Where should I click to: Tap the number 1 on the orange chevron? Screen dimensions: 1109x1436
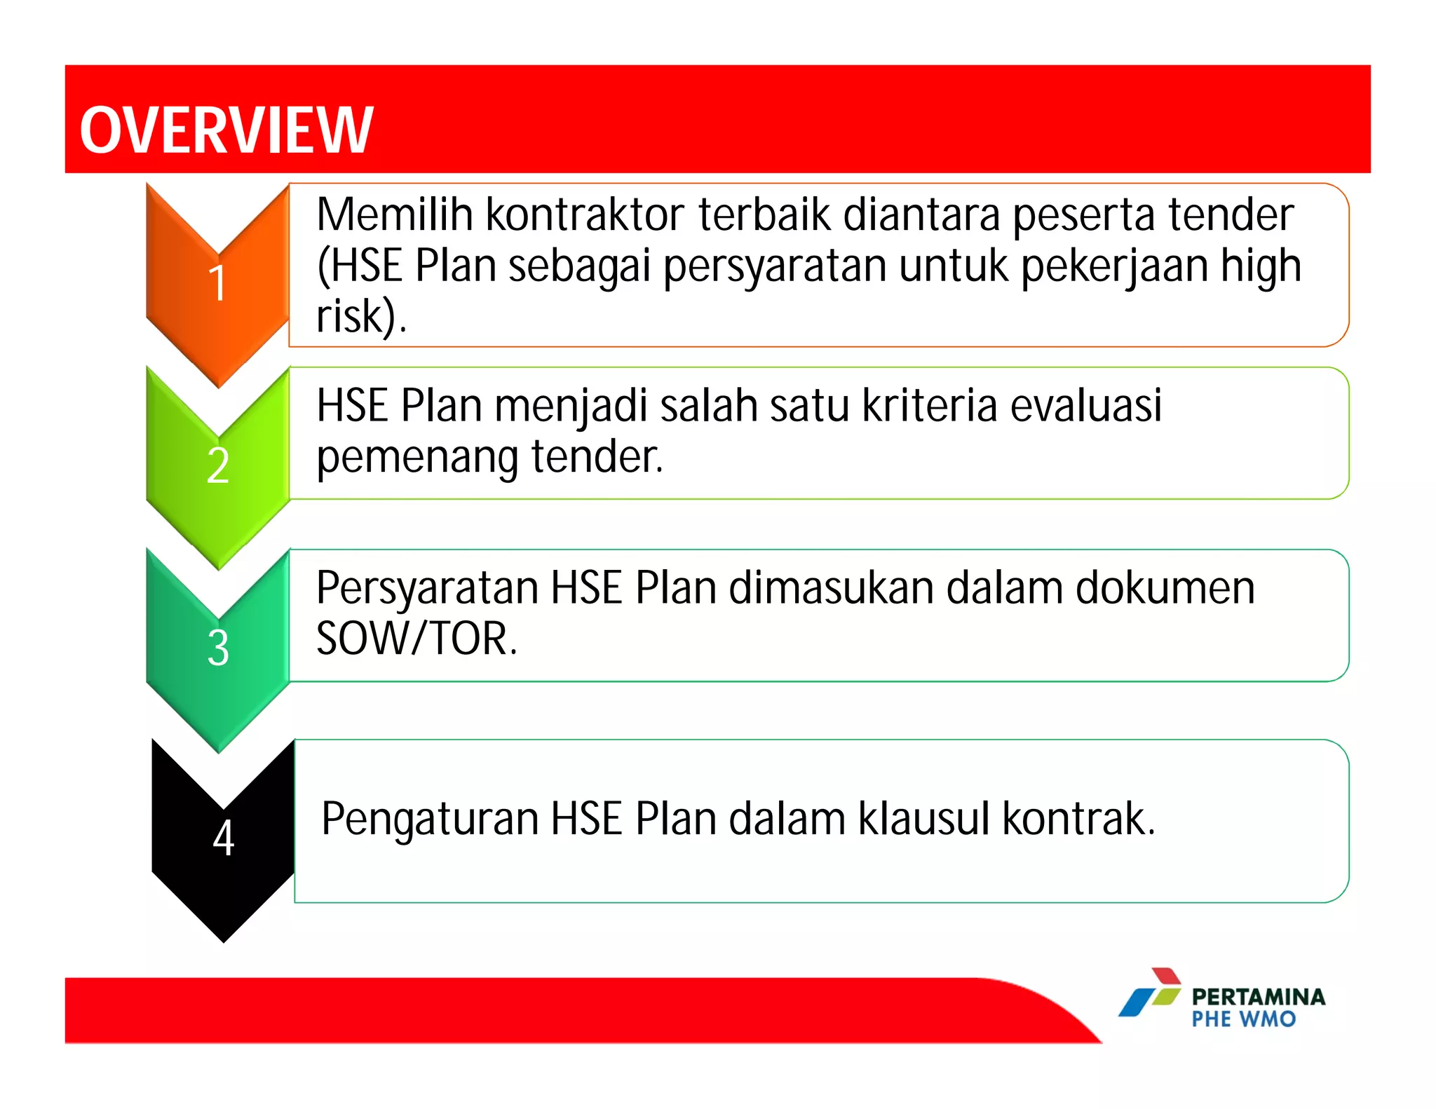click(x=217, y=283)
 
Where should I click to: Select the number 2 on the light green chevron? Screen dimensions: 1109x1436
click(x=218, y=465)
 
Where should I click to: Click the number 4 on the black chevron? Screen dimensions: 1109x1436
click(x=223, y=838)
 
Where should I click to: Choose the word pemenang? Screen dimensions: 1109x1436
click(x=417, y=457)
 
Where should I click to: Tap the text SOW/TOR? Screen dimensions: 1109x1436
click(x=416, y=639)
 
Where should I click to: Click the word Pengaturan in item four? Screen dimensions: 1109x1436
click(x=429, y=819)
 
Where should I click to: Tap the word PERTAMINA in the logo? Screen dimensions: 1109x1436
click(x=1258, y=997)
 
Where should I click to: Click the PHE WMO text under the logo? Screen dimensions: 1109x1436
click(x=1243, y=1019)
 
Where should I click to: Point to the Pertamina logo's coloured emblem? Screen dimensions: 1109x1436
click(x=1151, y=992)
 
